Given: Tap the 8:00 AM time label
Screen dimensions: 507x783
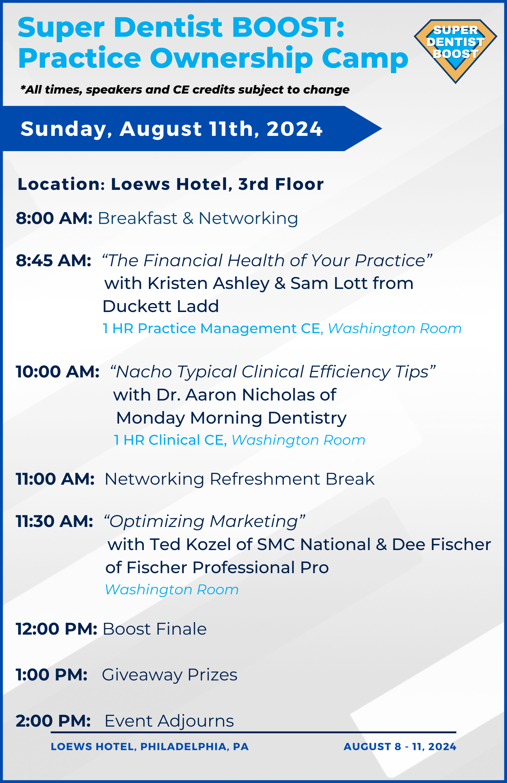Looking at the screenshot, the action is (54, 218).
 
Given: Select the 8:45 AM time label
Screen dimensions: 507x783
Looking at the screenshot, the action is (54, 260).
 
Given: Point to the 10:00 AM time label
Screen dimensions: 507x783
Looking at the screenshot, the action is (58, 372).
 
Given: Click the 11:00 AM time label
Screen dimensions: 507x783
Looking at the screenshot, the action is (55, 479).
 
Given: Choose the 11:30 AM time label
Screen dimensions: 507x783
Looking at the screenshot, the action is (54, 521).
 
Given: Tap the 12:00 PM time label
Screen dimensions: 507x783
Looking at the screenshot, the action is (56, 629).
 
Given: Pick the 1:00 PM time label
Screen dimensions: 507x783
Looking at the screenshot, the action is (52, 675).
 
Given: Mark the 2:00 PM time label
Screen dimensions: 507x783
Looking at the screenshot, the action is (53, 721).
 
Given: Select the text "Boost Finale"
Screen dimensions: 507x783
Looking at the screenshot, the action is (154, 629).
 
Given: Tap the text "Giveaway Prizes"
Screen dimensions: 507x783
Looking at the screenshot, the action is (170, 675).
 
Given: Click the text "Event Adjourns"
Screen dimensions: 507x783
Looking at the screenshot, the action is (169, 721).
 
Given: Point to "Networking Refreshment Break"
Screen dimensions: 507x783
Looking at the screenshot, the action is (239, 479).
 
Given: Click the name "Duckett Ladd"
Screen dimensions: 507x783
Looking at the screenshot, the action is (161, 306).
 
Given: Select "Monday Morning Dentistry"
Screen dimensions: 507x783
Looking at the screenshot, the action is (231, 418).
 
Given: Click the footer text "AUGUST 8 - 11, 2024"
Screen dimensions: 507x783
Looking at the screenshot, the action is (400, 747).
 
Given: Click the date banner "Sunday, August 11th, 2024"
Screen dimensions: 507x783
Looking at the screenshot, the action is (172, 129).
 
